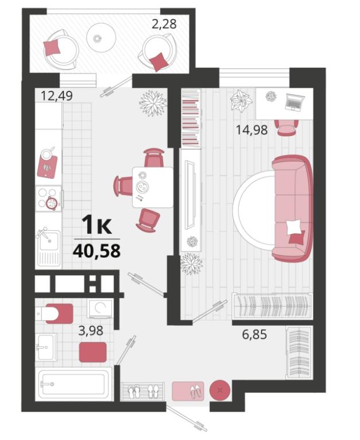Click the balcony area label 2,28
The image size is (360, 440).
click(164, 24)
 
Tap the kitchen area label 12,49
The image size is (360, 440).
click(57, 96)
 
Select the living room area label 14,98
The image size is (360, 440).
click(251, 130)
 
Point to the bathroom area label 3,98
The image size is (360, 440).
click(91, 331)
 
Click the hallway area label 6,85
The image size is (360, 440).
click(254, 334)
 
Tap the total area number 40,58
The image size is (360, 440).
click(97, 251)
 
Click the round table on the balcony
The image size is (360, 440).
click(101, 37)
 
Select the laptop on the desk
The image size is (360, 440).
click(295, 102)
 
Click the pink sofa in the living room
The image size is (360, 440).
click(292, 209)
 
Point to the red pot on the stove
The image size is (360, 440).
click(52, 203)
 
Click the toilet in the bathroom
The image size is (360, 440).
click(54, 314)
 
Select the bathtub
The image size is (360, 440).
click(75, 384)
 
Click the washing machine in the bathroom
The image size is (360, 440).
click(100, 308)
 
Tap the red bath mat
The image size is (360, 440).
click(92, 352)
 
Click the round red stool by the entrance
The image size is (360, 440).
click(220, 391)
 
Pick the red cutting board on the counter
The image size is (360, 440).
click(47, 167)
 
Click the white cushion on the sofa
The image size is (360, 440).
click(293, 227)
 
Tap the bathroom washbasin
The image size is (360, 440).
click(47, 347)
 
